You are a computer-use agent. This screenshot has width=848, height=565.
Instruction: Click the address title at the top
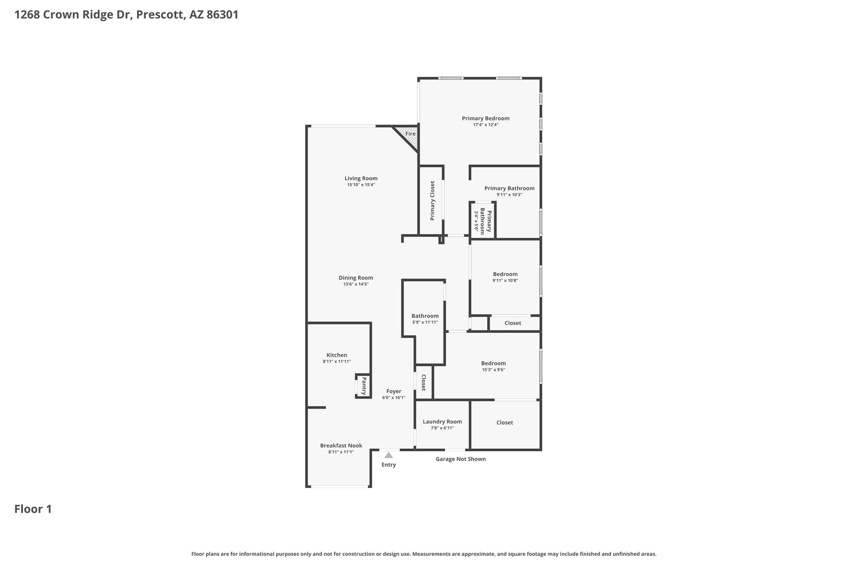click(126, 15)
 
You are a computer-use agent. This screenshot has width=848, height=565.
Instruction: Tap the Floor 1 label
click(33, 509)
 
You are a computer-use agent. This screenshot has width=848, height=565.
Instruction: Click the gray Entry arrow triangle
click(388, 455)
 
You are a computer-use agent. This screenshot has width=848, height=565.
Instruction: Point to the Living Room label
click(361, 178)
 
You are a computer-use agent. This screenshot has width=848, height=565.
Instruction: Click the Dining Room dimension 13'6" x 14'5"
click(356, 284)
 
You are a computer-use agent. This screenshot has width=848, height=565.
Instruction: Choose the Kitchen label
click(337, 355)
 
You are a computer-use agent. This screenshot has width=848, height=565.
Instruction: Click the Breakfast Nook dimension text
click(341, 452)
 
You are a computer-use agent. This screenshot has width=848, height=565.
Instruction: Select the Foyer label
click(394, 391)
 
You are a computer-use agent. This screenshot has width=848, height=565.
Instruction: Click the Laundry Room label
click(442, 422)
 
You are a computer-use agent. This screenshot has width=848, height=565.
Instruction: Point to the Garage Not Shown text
click(461, 459)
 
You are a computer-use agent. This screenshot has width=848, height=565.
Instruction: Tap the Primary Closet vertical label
click(433, 200)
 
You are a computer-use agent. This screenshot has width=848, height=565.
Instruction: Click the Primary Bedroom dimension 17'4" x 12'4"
click(486, 125)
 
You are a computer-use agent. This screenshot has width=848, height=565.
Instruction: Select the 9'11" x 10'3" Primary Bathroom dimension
click(509, 195)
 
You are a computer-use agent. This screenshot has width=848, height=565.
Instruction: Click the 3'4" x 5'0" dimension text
click(477, 221)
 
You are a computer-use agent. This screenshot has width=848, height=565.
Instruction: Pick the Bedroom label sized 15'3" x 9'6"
click(494, 363)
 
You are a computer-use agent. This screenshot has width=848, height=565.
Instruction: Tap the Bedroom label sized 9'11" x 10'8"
click(505, 274)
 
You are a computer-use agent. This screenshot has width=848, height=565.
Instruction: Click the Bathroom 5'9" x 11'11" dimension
click(425, 322)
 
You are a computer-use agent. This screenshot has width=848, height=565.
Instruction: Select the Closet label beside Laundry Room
click(505, 423)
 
